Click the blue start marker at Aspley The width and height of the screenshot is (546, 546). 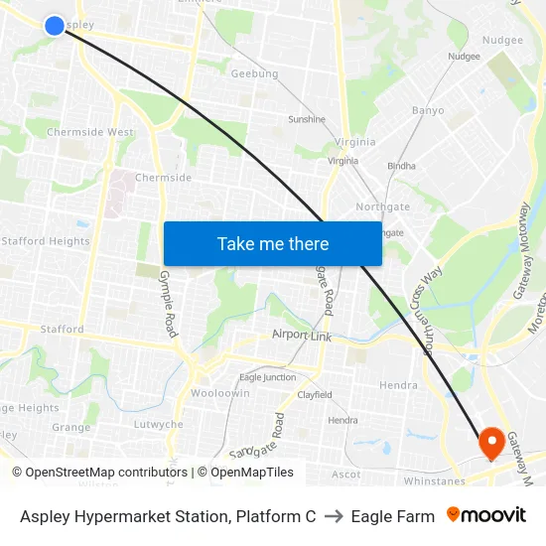click(x=55, y=25)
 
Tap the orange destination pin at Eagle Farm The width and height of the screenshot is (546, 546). click(x=491, y=441)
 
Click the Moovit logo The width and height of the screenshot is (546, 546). click(x=486, y=515)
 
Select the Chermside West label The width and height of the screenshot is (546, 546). click(x=90, y=132)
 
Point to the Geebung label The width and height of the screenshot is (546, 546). click(x=254, y=73)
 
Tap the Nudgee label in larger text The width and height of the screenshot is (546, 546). click(x=502, y=40)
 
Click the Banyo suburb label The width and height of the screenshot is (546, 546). click(x=428, y=110)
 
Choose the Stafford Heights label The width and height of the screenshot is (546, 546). click(x=46, y=241)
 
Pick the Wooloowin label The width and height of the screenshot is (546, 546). click(x=219, y=393)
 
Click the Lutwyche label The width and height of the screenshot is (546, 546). click(x=159, y=424)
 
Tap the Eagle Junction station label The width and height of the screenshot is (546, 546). click(x=267, y=377)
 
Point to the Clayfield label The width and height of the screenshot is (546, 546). click(x=315, y=394)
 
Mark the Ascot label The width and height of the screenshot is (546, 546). click(x=346, y=475)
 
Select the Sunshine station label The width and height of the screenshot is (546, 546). click(x=307, y=119)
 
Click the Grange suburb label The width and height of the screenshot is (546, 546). click(x=71, y=428)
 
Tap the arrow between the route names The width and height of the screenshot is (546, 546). click(x=333, y=516)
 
